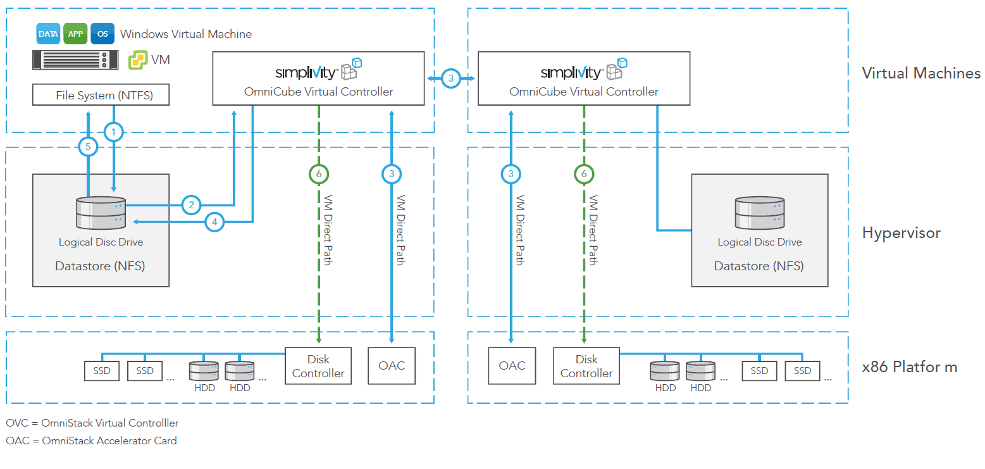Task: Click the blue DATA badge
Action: (48, 34)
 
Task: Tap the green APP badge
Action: (75, 34)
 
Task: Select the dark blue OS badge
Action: (102, 34)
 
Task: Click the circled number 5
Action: (88, 147)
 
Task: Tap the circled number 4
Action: (215, 222)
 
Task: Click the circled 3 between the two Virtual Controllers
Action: (450, 78)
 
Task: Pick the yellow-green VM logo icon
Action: (138, 60)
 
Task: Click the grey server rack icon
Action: (75, 60)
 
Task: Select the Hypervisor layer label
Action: (901, 233)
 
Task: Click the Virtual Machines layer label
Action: (921, 73)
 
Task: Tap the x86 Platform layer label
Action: (909, 367)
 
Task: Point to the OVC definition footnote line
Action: (92, 423)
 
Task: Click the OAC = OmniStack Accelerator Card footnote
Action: (92, 441)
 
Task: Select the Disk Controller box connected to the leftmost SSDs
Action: (318, 366)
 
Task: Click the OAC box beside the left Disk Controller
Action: (392, 366)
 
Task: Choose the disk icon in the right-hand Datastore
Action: (759, 213)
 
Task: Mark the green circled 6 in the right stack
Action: (583, 173)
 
